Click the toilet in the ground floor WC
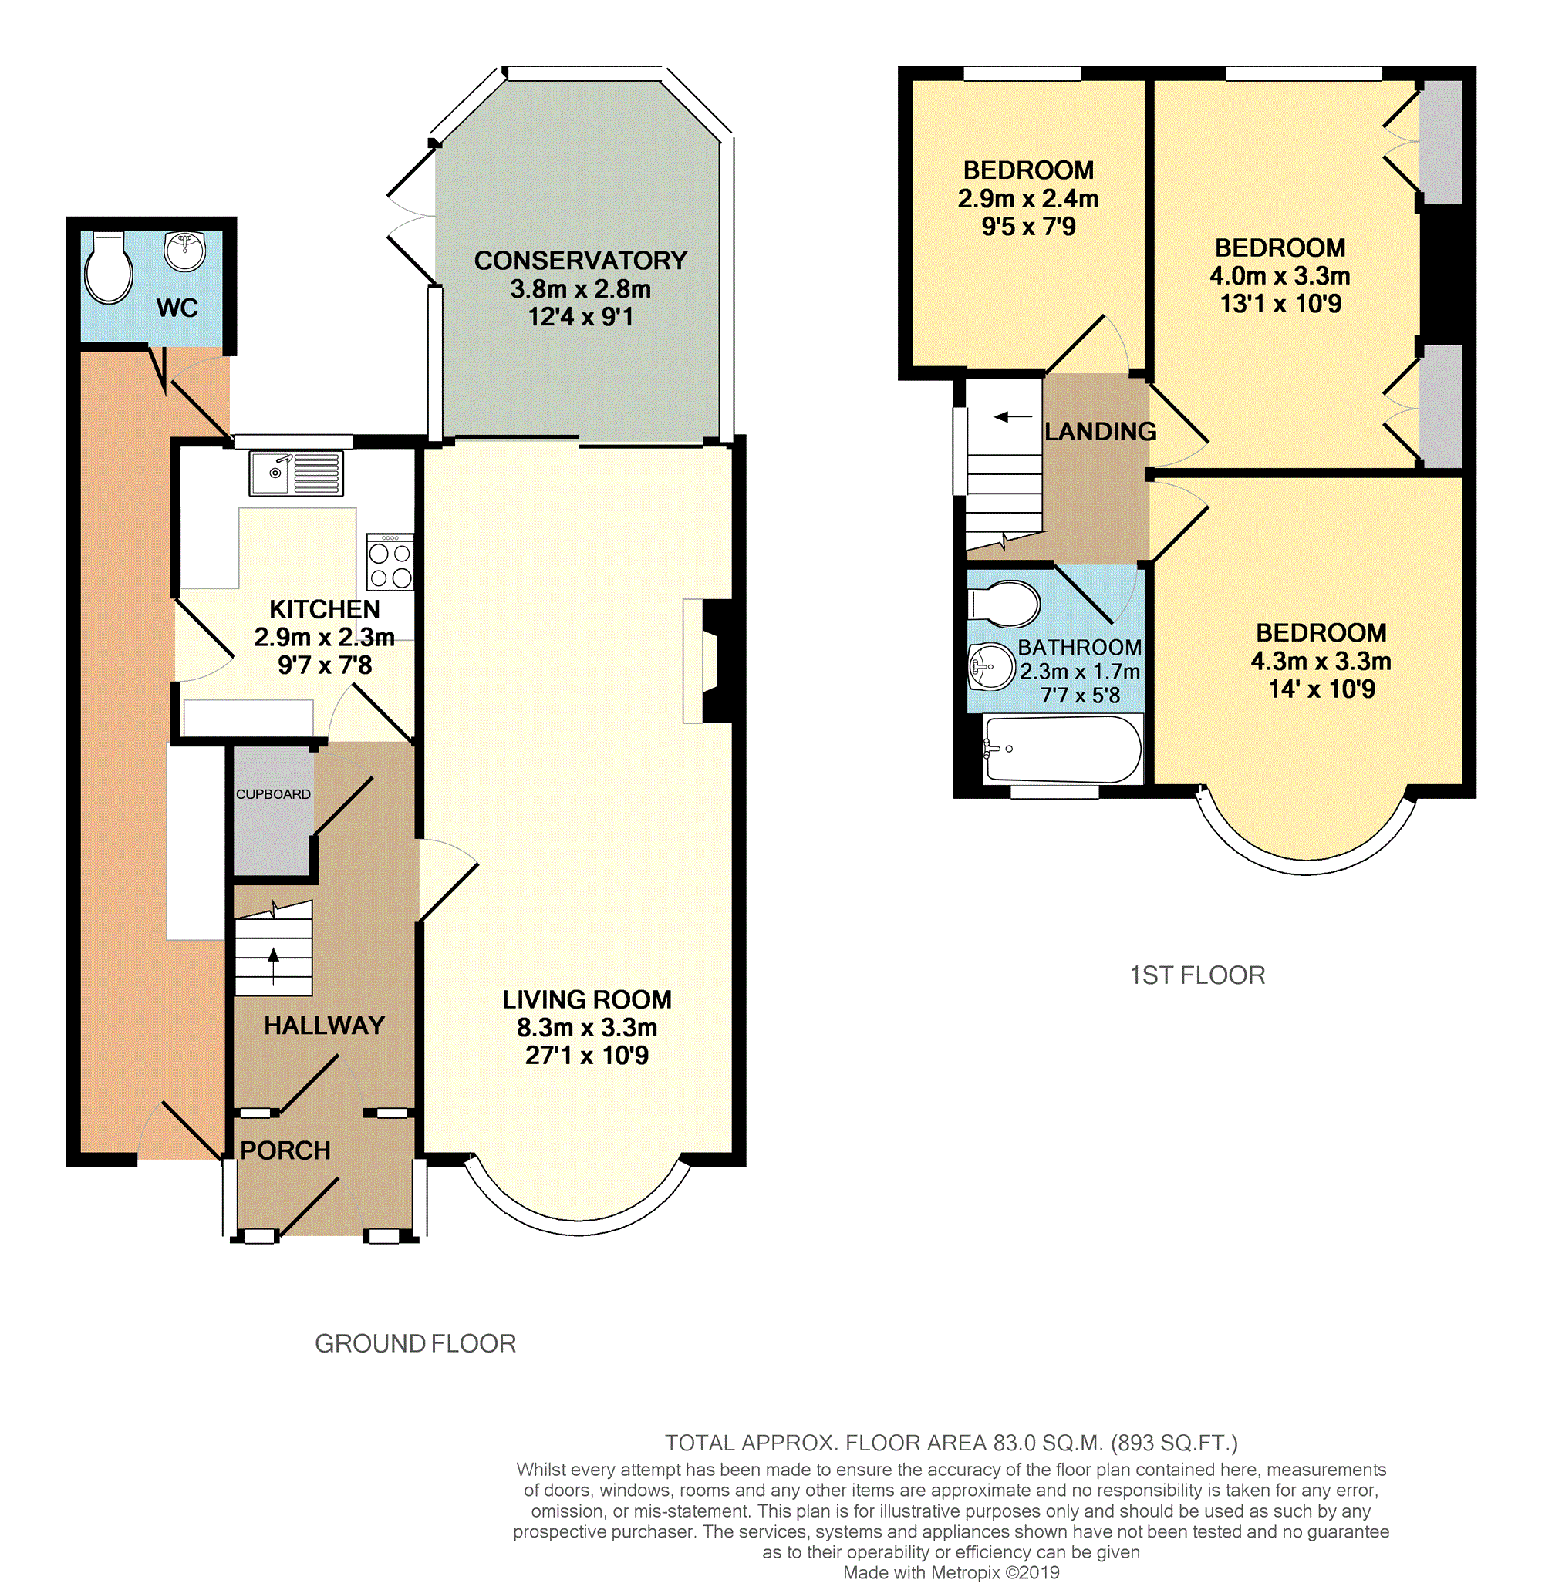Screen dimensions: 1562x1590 coord(109,268)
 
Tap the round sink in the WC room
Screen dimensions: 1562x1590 coord(184,251)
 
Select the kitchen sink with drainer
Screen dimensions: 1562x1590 coord(296,473)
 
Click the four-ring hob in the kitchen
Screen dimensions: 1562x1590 coord(390,561)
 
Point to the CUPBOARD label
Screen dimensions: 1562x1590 coord(273,793)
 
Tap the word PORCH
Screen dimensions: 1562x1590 coord(285,1150)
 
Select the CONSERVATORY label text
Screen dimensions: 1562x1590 coord(581,261)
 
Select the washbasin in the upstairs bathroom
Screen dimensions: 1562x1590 coord(993,666)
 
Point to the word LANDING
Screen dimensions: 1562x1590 coord(1100,431)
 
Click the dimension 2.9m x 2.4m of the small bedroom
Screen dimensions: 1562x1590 coord(1029,198)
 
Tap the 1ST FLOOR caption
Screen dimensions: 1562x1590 coord(1198,975)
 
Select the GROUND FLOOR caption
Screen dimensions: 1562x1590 coord(415,1344)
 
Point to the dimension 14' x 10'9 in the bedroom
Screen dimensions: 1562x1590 coord(1321,689)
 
